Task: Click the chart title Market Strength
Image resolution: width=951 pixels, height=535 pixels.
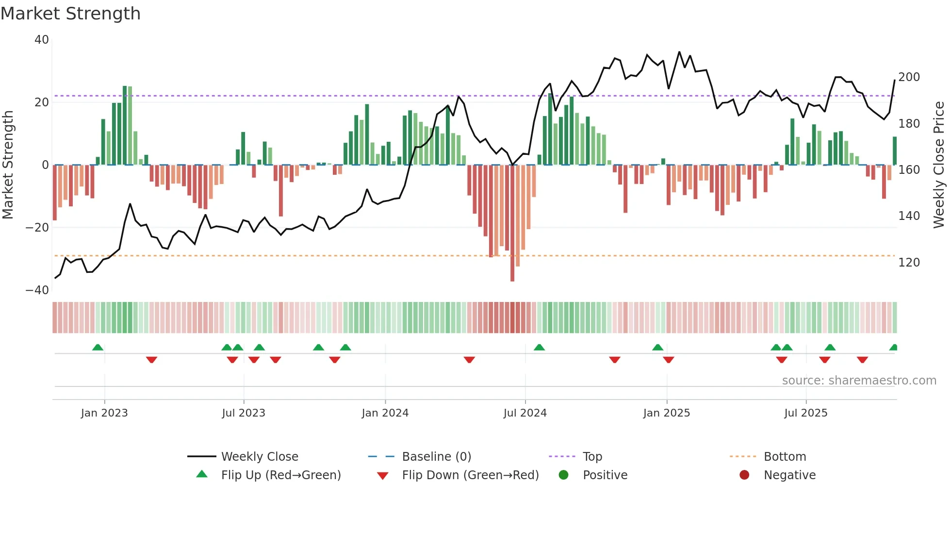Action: pyautogui.click(x=70, y=14)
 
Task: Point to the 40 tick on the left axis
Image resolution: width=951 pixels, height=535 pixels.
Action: pyautogui.click(x=42, y=40)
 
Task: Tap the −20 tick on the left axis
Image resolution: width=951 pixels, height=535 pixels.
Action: pyautogui.click(x=38, y=228)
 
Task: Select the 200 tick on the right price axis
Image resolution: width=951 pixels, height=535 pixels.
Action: pyautogui.click(x=909, y=77)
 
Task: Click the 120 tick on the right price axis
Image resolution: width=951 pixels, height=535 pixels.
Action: pyautogui.click(x=909, y=263)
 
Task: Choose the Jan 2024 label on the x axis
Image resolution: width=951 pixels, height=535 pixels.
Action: pyautogui.click(x=385, y=413)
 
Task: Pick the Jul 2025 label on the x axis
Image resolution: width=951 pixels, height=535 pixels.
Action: pyautogui.click(x=805, y=413)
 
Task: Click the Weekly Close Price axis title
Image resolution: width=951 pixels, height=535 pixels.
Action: pyautogui.click(x=939, y=165)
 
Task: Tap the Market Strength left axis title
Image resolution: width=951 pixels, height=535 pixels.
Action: pyautogui.click(x=8, y=165)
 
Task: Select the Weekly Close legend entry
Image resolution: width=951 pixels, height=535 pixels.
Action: pyautogui.click(x=260, y=457)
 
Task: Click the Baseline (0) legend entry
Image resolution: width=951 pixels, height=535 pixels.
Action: pyautogui.click(x=436, y=457)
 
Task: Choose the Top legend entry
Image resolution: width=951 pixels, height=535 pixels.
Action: pyautogui.click(x=592, y=457)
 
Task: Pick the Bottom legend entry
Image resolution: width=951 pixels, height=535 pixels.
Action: pyautogui.click(x=785, y=457)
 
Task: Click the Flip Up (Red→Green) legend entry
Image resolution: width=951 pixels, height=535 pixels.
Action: pyautogui.click(x=280, y=475)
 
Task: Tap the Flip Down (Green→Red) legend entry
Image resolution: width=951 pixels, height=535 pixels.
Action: pyautogui.click(x=470, y=475)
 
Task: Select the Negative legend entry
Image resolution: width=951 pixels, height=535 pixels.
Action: pyautogui.click(x=789, y=475)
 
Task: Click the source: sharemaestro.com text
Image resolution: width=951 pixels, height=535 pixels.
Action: pyautogui.click(x=859, y=381)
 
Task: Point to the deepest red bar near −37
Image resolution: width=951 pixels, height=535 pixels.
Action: pyautogui.click(x=512, y=223)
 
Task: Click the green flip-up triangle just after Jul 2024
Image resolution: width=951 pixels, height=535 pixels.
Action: pyautogui.click(x=539, y=347)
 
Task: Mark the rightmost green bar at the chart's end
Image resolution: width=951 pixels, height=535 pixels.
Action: pyautogui.click(x=895, y=151)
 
